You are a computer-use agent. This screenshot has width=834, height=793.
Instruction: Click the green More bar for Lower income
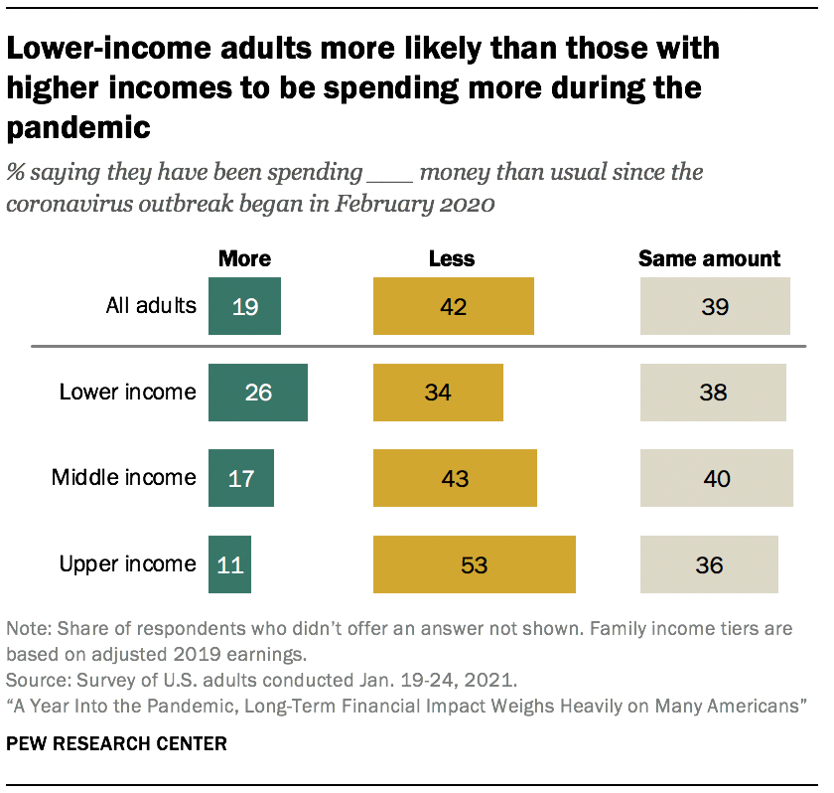pos(257,393)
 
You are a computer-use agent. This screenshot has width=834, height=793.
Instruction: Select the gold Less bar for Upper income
pos(474,564)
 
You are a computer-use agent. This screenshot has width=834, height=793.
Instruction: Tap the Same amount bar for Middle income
pos(716,478)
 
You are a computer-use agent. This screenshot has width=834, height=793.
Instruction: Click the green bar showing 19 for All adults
pos(244,306)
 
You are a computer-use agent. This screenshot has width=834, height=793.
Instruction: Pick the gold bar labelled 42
pos(453,306)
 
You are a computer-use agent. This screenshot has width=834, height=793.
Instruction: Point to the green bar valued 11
pos(229,564)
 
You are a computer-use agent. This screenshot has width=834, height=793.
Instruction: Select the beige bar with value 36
pos(709,564)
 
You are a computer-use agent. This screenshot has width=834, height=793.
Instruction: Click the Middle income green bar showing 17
pos(240,478)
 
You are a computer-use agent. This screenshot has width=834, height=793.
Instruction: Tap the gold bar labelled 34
pos(438,393)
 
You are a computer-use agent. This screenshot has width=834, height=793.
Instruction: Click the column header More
pos(244,258)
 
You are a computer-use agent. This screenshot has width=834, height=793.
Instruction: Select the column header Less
pos(451,258)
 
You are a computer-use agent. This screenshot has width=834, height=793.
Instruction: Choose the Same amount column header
pos(709,258)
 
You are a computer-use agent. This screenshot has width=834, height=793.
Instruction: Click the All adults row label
pos(151,305)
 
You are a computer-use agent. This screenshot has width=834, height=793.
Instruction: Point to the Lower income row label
pos(127,392)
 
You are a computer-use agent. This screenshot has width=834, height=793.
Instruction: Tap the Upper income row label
pos(127,563)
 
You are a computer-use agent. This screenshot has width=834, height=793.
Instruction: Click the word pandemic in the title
pos(78,127)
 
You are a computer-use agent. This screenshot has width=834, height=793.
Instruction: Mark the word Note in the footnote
pos(25,629)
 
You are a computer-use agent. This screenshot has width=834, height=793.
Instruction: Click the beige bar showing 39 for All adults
pos(715,306)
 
